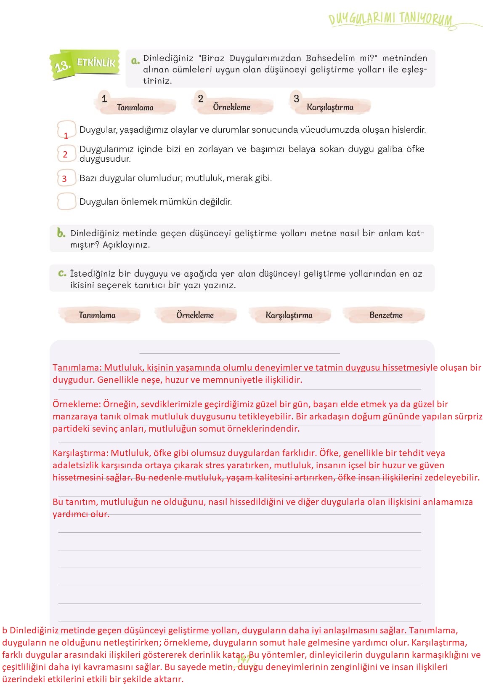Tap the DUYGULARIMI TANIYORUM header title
pos(390,19)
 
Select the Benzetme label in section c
pos(386,315)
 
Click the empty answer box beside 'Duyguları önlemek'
pos(66,201)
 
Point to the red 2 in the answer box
pos(65,155)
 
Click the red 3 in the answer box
pos(64,179)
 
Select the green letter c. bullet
pos(62,273)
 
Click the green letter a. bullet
pos(135,61)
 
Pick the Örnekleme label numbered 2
pos(231,107)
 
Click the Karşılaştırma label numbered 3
pos(330,107)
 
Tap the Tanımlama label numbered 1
pos(135,107)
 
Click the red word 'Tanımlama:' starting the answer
pos(77,368)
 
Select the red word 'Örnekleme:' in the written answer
pos(77,404)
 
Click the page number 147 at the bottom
pos(244,659)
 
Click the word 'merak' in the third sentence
pos(239,178)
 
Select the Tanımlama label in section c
pos(97,315)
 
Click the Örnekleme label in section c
pos(195,315)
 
